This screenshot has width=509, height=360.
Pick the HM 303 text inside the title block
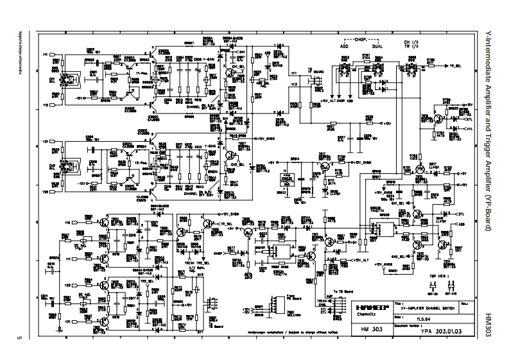[x=371, y=328]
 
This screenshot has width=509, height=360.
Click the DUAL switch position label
[x=377, y=46]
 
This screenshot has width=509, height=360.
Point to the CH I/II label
[x=411, y=40]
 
